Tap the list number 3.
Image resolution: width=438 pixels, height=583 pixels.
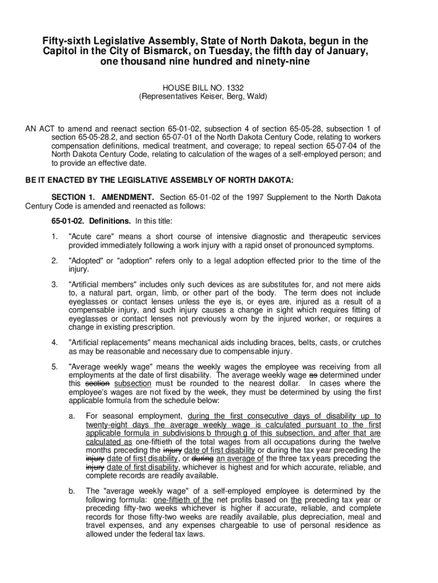55,284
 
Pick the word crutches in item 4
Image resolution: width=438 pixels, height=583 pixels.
363,342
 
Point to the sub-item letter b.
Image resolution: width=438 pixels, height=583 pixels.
72,490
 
